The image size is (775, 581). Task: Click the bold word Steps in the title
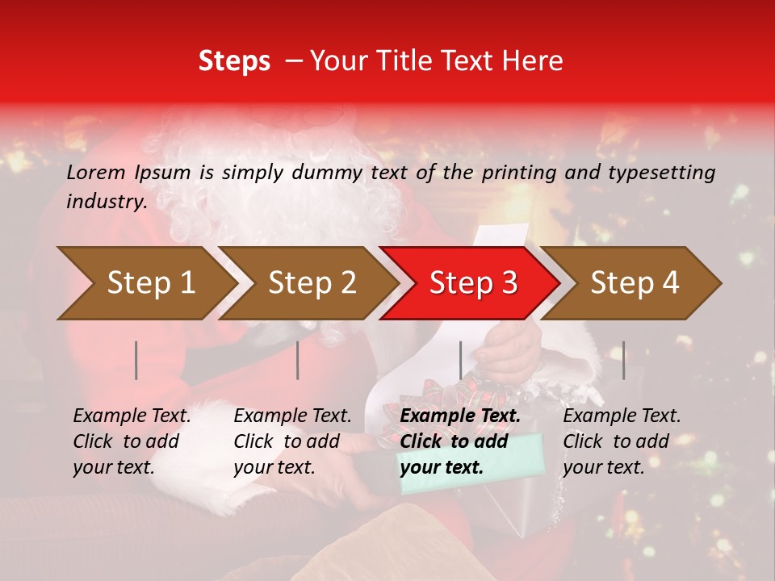pyautogui.click(x=234, y=61)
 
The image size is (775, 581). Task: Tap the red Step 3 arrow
pyautogui.click(x=473, y=282)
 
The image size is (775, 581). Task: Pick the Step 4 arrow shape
pyautogui.click(x=635, y=282)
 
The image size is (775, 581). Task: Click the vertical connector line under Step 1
pyautogui.click(x=136, y=360)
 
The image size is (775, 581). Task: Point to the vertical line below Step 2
pyautogui.click(x=298, y=360)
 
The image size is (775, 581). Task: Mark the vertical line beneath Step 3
pyautogui.click(x=460, y=360)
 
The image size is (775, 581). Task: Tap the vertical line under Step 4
pyautogui.click(x=623, y=360)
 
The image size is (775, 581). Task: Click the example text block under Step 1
pyautogui.click(x=132, y=441)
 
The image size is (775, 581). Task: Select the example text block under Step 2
pyautogui.click(x=292, y=441)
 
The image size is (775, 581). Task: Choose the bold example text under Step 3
pyautogui.click(x=460, y=441)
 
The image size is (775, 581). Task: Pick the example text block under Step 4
pyautogui.click(x=622, y=441)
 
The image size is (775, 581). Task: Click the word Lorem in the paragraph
pyautogui.click(x=96, y=173)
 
